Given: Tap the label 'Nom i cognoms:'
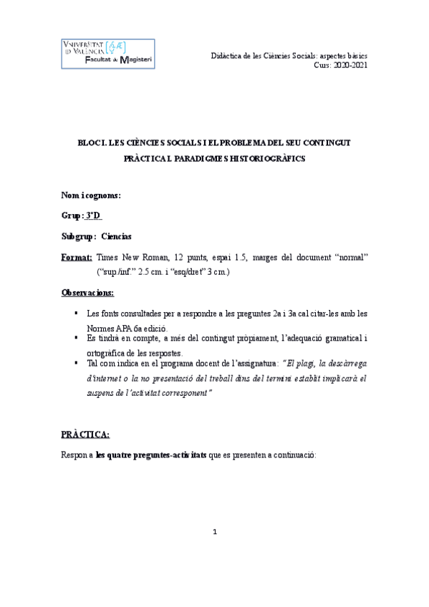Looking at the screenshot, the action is click(91, 195).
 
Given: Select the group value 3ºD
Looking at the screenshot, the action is click(93, 215).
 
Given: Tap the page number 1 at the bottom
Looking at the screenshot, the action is click(215, 531).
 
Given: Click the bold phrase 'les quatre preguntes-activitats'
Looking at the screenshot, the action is click(151, 455).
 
